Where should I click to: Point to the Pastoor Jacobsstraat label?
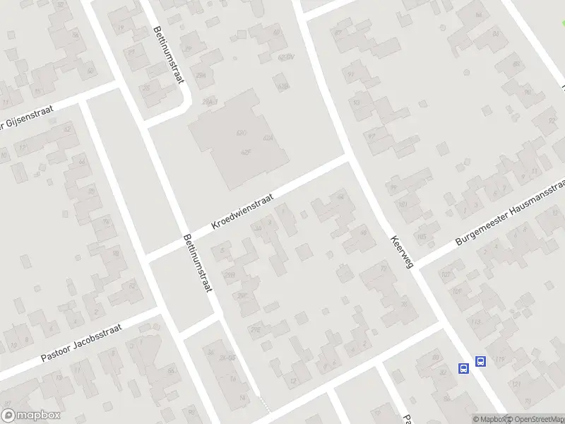[82, 343]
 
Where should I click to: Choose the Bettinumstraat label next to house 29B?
[198, 266]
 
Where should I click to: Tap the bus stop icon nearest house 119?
[480, 361]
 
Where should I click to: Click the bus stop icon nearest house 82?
[464, 368]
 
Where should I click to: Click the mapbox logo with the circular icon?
[30, 416]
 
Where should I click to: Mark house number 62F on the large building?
[246, 152]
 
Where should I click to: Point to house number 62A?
[268, 139]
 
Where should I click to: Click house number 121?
[517, 383]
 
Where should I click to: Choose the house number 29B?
[230, 274]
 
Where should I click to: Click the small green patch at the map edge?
[562, 24]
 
